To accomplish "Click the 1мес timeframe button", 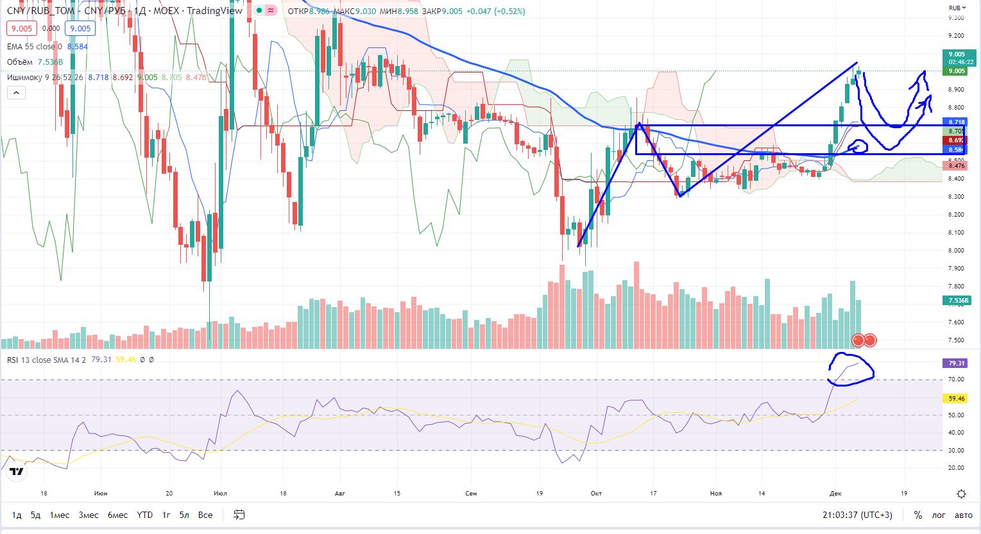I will pos(60,515).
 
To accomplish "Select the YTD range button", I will pos(145,515).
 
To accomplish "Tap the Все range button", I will pos(205,515).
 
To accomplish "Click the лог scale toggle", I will pos(939,515).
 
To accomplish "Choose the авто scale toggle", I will pos(964,515).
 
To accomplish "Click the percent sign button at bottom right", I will pos(918,515).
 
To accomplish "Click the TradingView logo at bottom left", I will pos(17,472).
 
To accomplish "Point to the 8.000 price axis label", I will pos(956,251).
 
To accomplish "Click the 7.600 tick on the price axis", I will pos(956,322).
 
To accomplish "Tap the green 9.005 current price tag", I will pos(957,71).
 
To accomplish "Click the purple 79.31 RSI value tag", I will pos(957,363).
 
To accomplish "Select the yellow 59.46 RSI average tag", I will pos(957,398).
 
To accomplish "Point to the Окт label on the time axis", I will pos(596,493).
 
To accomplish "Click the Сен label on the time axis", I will pos(471,493).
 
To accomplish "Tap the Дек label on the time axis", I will pos(835,493).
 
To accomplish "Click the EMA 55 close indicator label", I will pos(35,46).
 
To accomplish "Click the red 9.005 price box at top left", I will pos(22,28).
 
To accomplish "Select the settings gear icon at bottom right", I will pos(961,494).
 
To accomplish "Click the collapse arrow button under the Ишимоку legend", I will pos(16,93).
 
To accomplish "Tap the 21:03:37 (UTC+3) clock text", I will pos(857,515).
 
